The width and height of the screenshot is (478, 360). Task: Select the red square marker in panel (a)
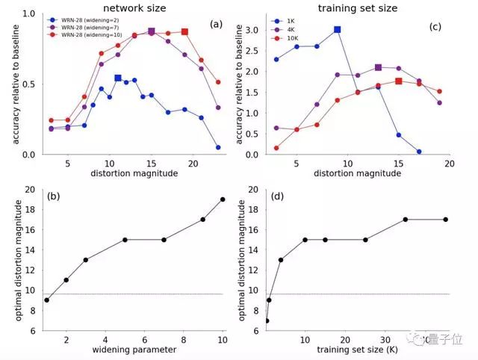pos(184,32)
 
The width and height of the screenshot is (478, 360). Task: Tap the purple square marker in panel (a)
pos(152,31)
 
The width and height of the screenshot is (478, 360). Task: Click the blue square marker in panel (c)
pos(338,29)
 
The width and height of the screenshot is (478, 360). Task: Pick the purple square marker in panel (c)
pos(378,68)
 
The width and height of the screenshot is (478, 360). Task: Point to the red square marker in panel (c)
pos(399,81)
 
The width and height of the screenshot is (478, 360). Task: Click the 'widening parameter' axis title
pos(134,350)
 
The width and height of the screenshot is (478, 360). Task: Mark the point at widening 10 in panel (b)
pos(223,199)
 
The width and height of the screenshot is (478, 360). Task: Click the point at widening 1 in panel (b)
pos(47,300)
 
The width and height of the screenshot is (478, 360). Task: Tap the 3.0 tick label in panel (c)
pos(251,29)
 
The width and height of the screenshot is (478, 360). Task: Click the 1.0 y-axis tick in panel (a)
pos(28,13)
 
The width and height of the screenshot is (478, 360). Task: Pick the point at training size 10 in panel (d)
pos(305,240)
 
